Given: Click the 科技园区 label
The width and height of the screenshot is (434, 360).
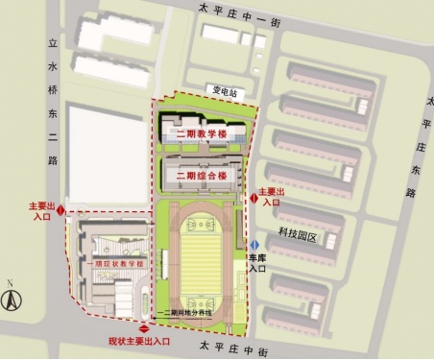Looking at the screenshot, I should point(297,234).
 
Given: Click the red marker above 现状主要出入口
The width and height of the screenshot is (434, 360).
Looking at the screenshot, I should point(144,329).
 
